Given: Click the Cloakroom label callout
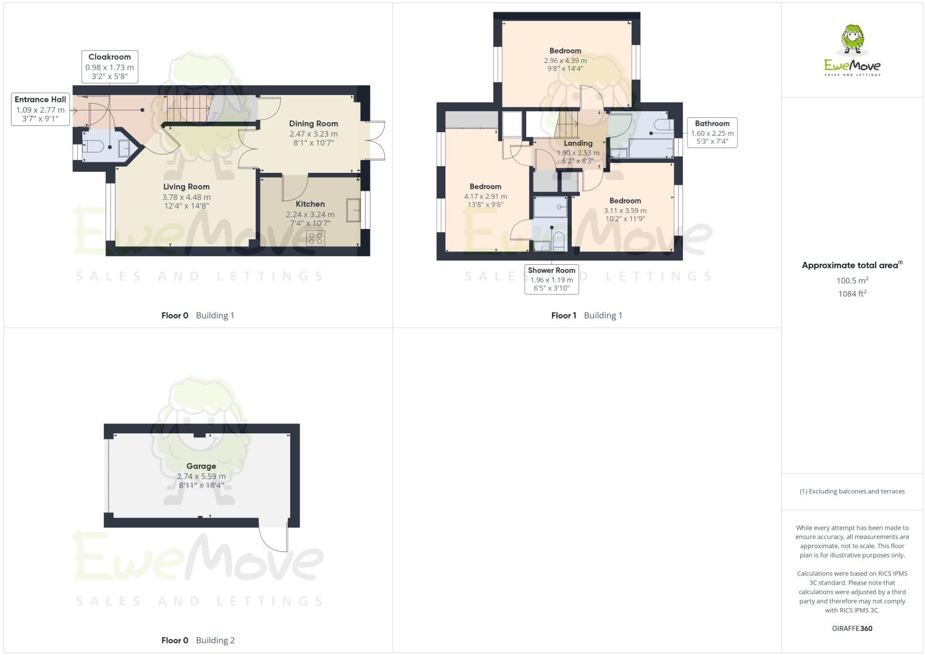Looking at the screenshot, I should tap(109, 67).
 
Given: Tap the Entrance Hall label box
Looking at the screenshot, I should tap(40, 109).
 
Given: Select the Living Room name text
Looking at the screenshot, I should tap(186, 186).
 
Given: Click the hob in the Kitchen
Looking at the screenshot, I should tap(316, 238).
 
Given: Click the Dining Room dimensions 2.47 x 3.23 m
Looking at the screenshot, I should tap(313, 133).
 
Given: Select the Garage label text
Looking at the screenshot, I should tap(201, 466).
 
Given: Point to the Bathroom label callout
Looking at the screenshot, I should tap(712, 132).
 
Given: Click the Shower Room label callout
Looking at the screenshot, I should tap(551, 279).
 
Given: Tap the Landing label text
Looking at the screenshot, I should tap(578, 143).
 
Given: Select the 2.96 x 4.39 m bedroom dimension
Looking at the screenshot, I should tap(565, 60).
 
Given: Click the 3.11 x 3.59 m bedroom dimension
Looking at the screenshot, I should tap(625, 210).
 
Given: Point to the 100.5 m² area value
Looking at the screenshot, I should tap(852, 280).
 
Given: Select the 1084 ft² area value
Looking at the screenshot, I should tap(852, 294).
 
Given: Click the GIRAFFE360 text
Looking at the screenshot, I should tap(852, 628).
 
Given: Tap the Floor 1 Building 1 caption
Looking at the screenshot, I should tap(587, 315).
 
